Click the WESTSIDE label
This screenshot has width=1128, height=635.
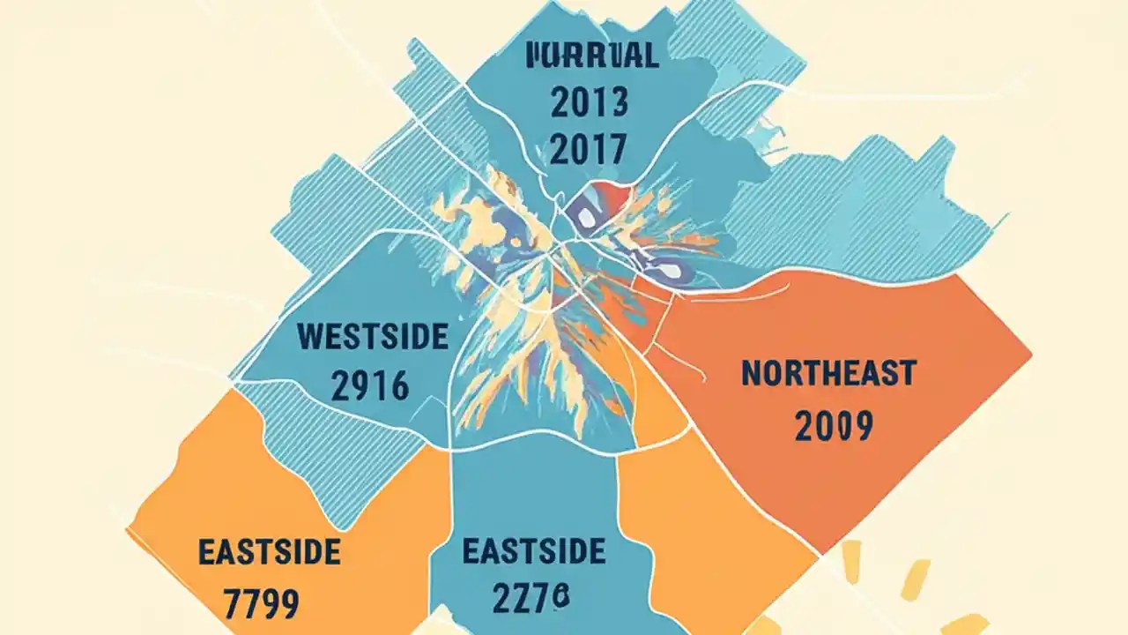coord(373,337)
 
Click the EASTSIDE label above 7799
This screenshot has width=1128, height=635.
coord(269,553)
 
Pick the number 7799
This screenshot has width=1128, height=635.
coord(262,604)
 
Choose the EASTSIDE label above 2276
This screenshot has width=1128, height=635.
coord(534,553)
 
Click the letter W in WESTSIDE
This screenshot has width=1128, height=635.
coord(310,337)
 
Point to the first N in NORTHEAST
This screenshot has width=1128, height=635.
coord(750,374)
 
